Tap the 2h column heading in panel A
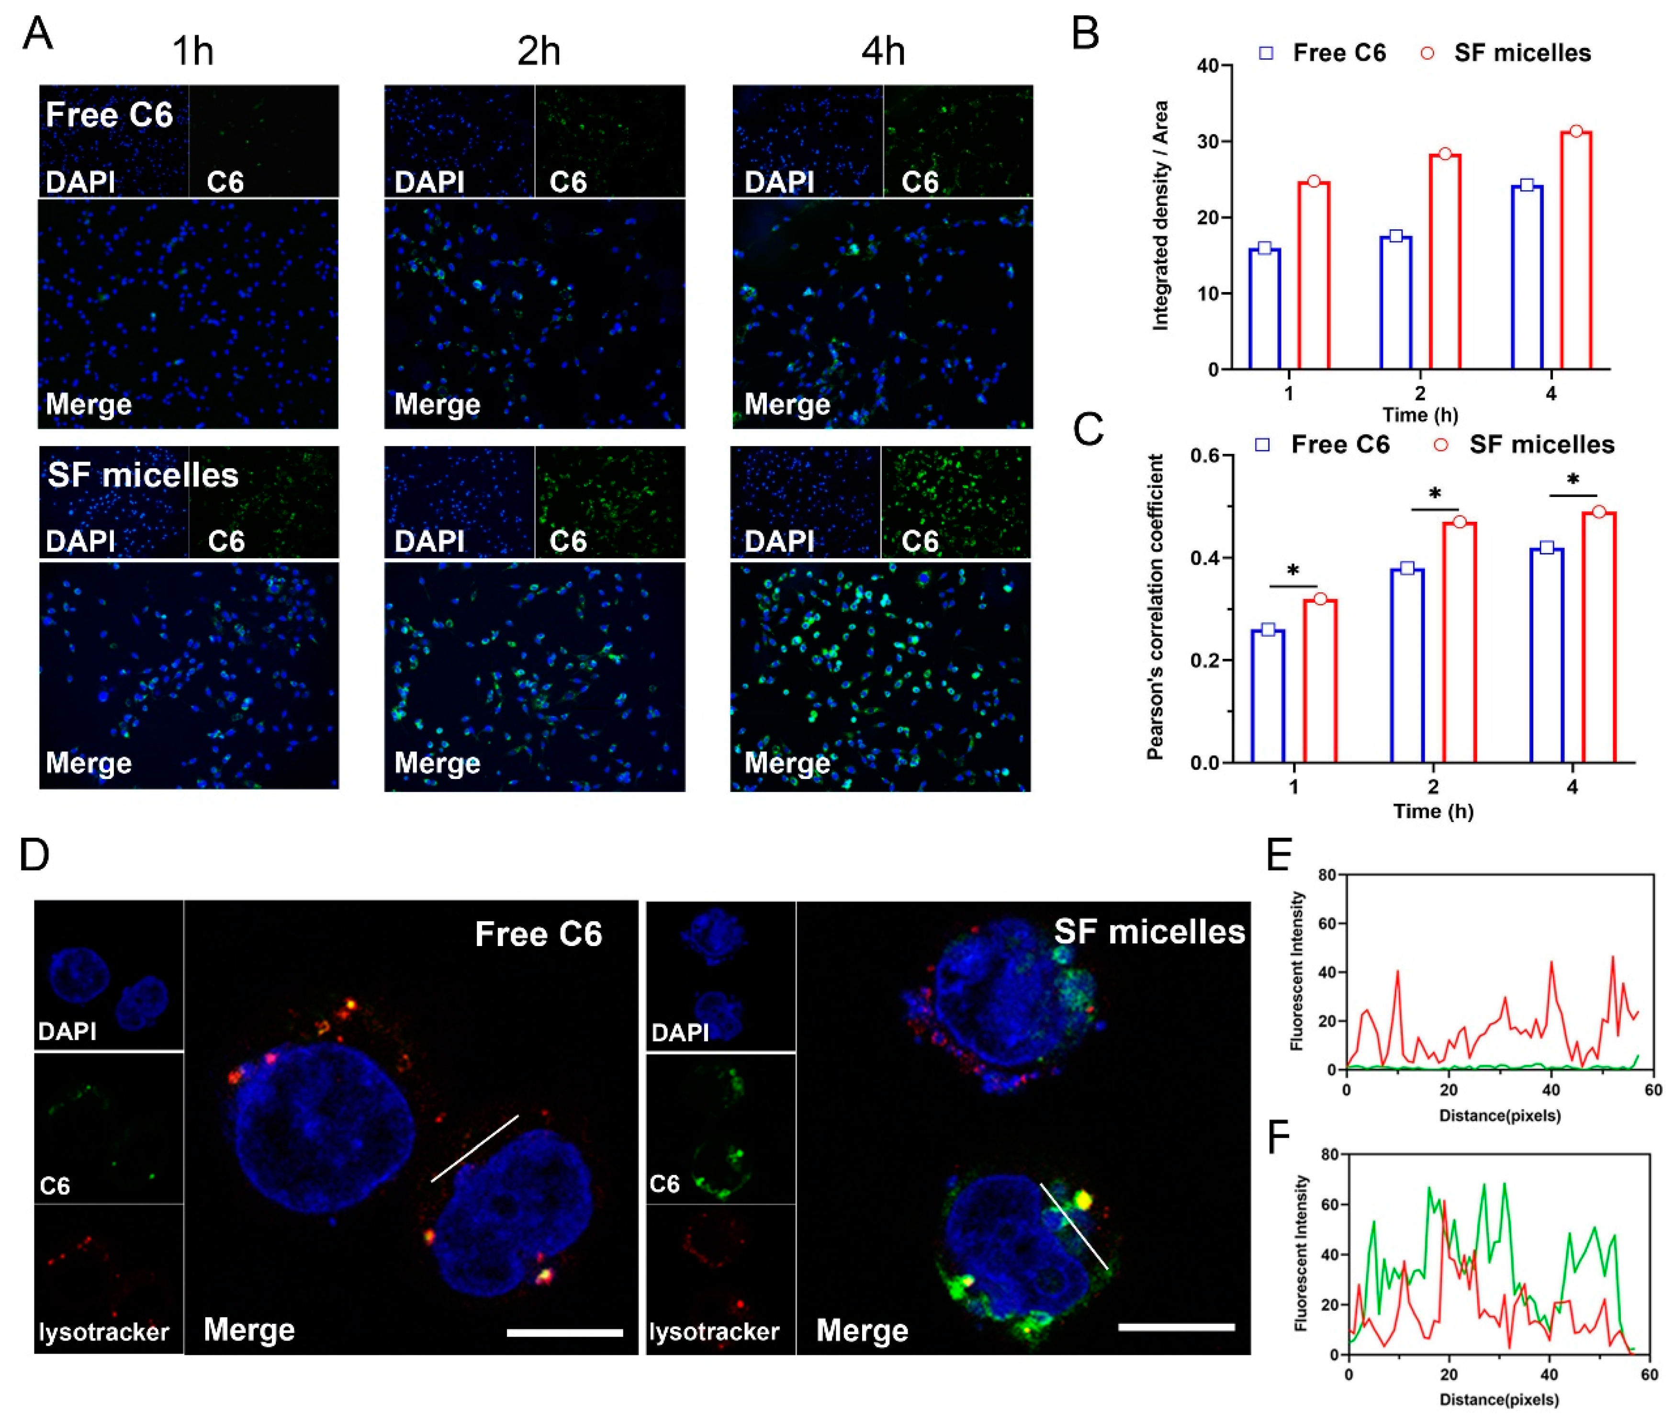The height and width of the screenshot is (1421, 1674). click(x=538, y=52)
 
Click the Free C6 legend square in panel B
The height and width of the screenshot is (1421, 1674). click(x=1266, y=53)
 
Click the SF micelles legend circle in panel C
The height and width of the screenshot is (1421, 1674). click(x=1441, y=445)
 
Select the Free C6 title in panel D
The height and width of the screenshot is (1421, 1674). click(x=538, y=935)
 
